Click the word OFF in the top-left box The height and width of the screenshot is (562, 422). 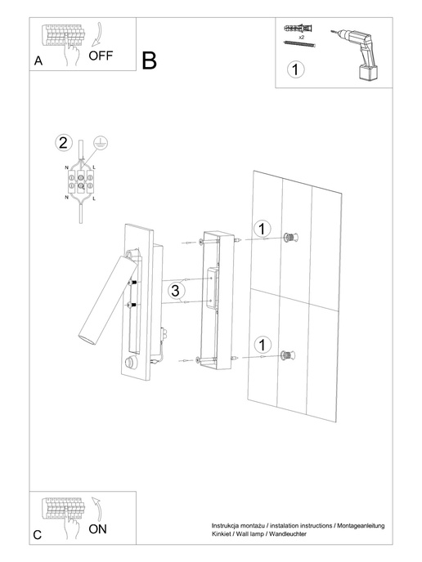coord(101,56)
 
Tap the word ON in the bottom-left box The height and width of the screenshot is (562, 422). coord(97,529)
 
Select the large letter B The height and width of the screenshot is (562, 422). coord(149,60)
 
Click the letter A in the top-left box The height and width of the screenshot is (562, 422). coord(38,62)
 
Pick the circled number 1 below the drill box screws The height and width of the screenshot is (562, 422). coord(297,69)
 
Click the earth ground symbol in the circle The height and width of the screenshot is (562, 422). coord(101,140)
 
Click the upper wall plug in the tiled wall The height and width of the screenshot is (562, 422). coord(289,238)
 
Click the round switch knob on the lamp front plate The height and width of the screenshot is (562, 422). coord(130,363)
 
